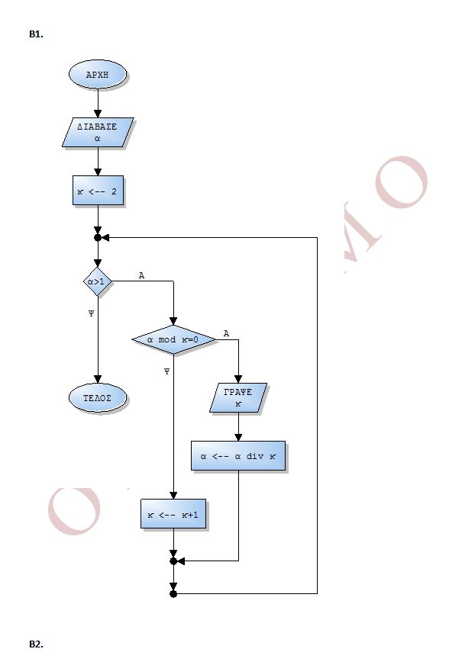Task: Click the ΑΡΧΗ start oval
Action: (98, 74)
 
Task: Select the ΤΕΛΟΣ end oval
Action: (98, 398)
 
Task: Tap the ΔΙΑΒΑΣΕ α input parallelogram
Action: (98, 133)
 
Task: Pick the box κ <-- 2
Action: (98, 191)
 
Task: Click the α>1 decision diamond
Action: (98, 281)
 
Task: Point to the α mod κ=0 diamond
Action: (173, 339)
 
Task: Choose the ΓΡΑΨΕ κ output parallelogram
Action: (238, 398)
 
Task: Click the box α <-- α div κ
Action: (238, 456)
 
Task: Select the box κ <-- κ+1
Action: (173, 514)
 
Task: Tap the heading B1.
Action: (36, 34)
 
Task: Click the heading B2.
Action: (36, 644)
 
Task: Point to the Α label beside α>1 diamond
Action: (141, 275)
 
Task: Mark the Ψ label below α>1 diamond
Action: (91, 313)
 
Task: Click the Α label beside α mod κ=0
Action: (226, 334)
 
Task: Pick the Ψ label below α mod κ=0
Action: (166, 371)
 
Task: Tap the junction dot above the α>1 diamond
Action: (98, 237)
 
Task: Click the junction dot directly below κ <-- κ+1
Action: (173, 561)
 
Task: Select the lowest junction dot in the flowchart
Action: (173, 593)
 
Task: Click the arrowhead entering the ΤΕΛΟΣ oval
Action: (98, 379)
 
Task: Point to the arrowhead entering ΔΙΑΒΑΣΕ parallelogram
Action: (98, 114)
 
